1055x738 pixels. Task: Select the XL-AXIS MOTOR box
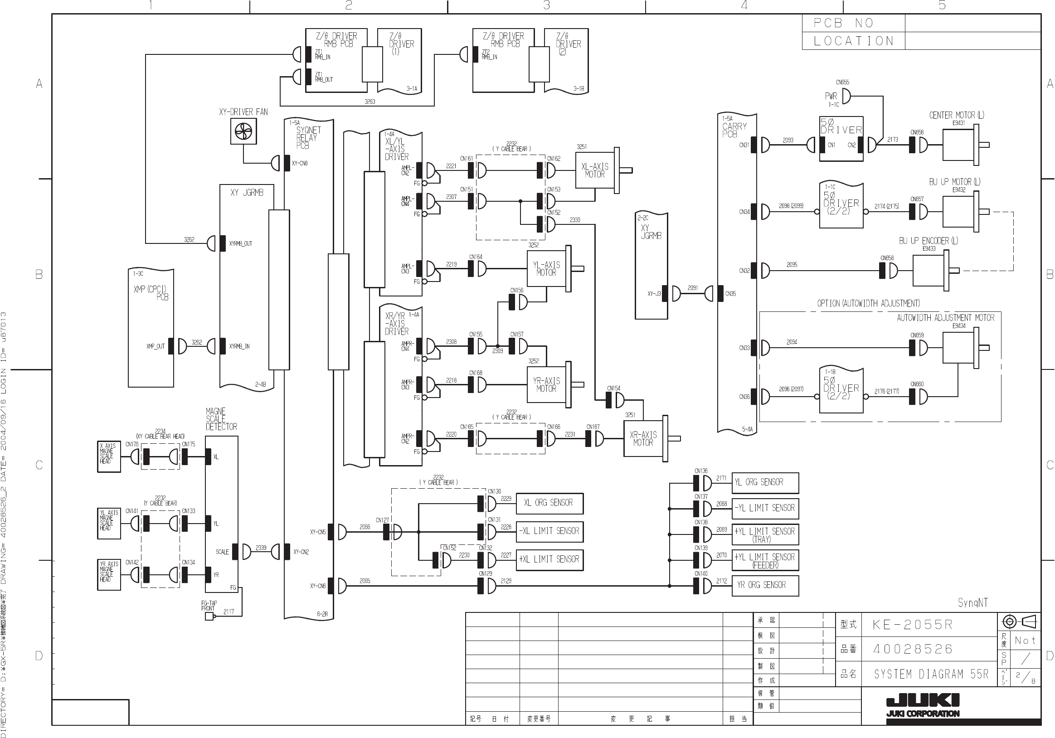(x=594, y=170)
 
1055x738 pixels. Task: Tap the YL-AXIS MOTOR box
(x=546, y=269)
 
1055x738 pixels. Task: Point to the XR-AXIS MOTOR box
(x=643, y=438)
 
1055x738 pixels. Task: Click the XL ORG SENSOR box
(x=549, y=503)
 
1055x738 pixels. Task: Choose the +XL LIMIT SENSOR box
(x=549, y=560)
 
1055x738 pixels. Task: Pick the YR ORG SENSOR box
(x=765, y=585)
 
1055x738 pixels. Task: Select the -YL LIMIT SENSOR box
(x=765, y=508)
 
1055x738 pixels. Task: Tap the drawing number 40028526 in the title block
(x=913, y=649)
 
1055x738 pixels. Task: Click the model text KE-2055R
(x=913, y=625)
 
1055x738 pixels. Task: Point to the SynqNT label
(x=973, y=602)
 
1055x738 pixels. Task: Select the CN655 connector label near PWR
(x=842, y=83)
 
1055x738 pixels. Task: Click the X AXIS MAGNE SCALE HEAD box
(x=109, y=456)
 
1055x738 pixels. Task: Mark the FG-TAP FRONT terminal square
(x=209, y=616)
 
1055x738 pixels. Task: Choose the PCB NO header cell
(x=853, y=23)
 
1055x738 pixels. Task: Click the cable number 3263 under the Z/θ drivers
(x=370, y=102)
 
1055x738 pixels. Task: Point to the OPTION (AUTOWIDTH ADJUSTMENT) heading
(x=868, y=303)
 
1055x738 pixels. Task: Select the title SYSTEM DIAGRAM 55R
(x=931, y=674)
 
